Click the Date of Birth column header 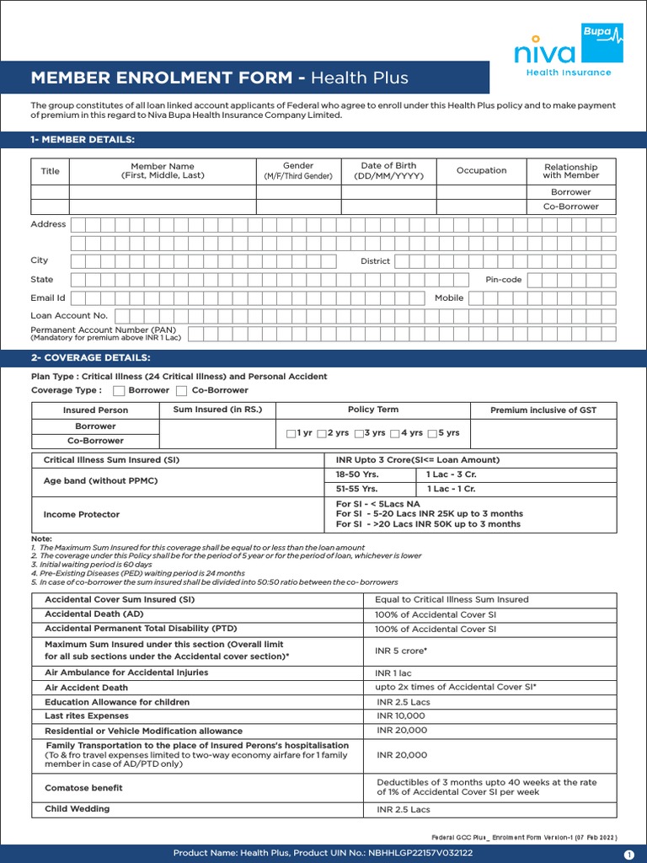(x=388, y=171)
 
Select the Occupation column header (x=481, y=171)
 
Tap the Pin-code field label (x=504, y=280)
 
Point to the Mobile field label (x=449, y=297)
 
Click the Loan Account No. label (x=69, y=315)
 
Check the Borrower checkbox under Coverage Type (x=119, y=391)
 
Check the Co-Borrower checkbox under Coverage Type (x=181, y=391)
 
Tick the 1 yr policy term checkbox (x=291, y=433)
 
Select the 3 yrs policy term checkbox (x=359, y=433)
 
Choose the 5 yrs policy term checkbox (x=433, y=433)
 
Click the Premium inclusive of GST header (x=543, y=410)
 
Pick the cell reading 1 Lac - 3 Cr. (x=452, y=474)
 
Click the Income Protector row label (x=82, y=514)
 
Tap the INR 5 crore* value (x=401, y=651)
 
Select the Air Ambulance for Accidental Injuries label (x=126, y=673)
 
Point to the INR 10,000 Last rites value (x=402, y=716)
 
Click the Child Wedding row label (x=78, y=809)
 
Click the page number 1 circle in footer (x=628, y=854)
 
